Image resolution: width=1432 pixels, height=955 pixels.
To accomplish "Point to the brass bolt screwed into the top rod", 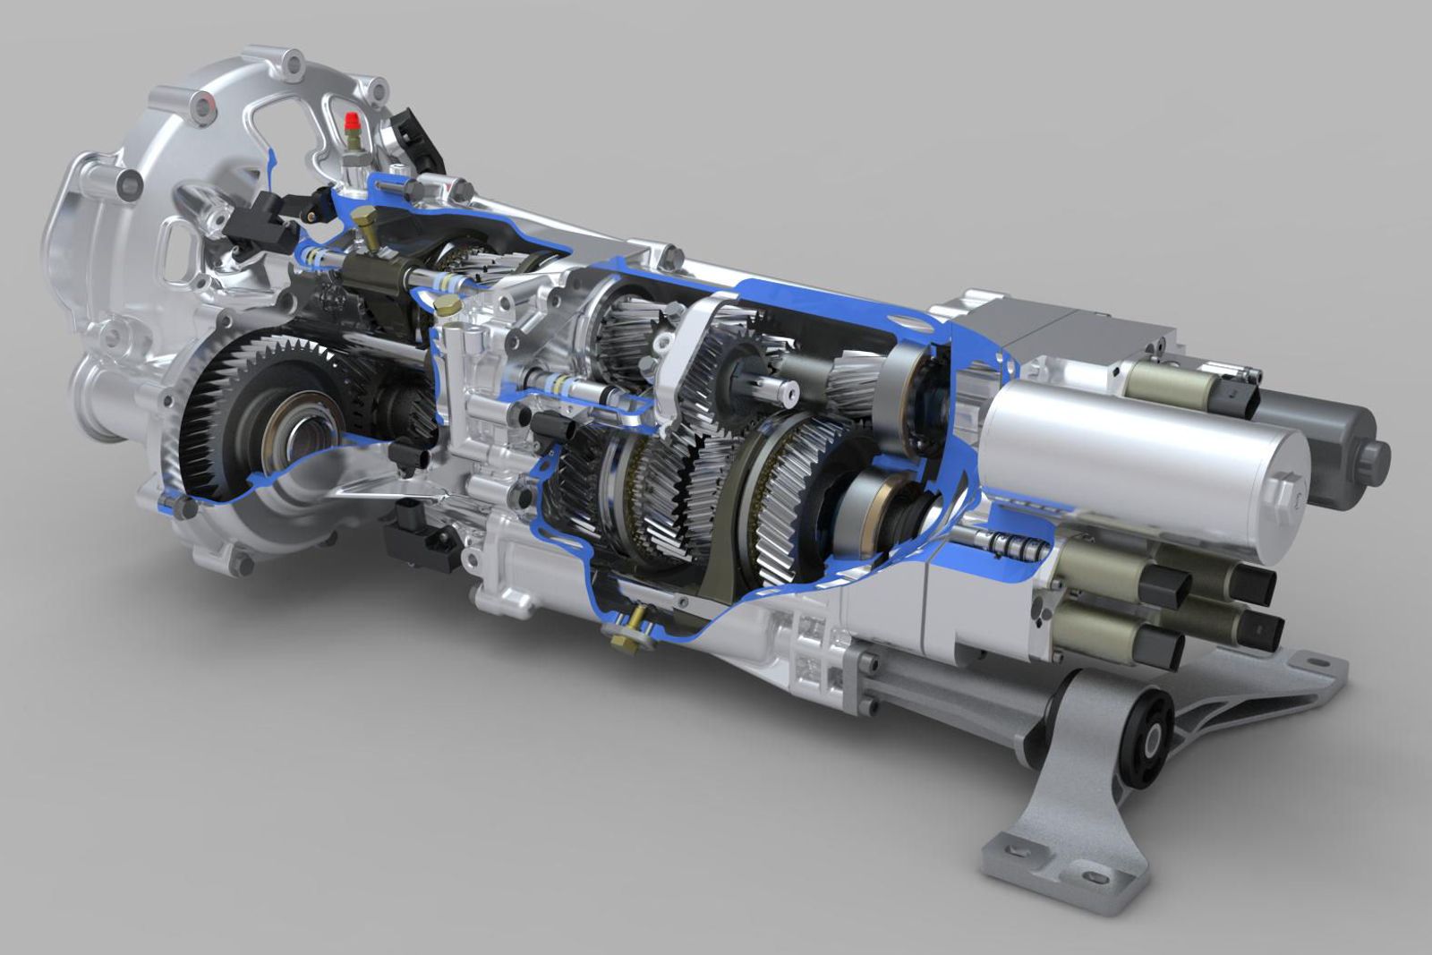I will tap(365, 224).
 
